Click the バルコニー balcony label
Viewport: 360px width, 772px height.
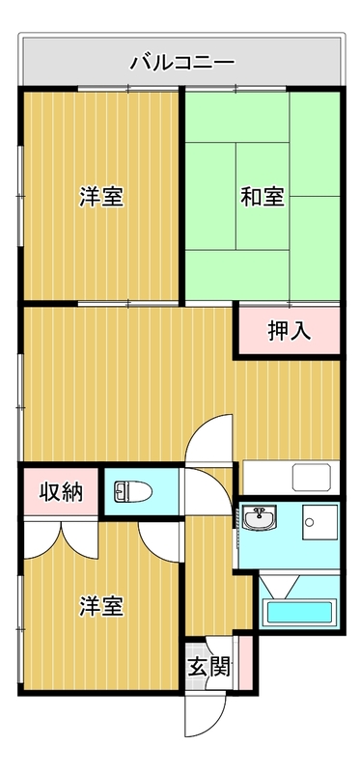point(182,65)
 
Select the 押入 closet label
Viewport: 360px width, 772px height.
point(289,331)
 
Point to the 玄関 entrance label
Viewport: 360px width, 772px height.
point(208,667)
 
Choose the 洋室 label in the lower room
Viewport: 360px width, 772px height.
point(100,607)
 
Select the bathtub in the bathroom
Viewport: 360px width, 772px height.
point(299,612)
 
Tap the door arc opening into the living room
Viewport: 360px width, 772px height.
point(210,439)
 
